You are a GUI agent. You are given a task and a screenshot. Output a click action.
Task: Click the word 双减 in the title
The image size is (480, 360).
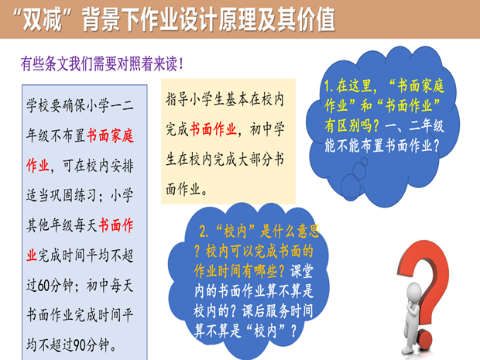[x=43, y=20]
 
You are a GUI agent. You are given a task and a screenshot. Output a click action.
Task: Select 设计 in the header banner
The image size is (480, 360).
[x=198, y=20]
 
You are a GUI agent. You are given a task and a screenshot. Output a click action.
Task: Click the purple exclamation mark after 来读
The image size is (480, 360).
[x=181, y=64]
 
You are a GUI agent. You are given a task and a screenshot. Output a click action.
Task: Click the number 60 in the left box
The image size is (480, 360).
[x=43, y=286]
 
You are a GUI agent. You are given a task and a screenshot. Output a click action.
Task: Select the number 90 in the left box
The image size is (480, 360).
[x=79, y=345]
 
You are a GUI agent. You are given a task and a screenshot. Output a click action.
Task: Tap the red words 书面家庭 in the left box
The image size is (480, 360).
[x=110, y=135]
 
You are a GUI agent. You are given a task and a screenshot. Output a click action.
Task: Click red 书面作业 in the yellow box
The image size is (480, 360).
[x=214, y=129]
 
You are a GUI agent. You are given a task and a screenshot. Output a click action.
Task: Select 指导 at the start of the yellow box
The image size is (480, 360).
[x=177, y=99]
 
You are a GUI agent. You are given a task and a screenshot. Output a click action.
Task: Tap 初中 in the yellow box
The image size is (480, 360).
[x=262, y=129]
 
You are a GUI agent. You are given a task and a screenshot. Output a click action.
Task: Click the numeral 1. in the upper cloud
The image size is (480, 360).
[x=329, y=86]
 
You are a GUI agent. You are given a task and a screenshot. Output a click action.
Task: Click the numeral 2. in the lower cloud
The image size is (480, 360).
[x=204, y=231]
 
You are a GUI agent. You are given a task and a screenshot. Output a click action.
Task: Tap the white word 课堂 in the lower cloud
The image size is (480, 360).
[x=302, y=271]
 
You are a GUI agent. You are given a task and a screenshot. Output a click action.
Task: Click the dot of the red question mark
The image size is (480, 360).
[x=427, y=340]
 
